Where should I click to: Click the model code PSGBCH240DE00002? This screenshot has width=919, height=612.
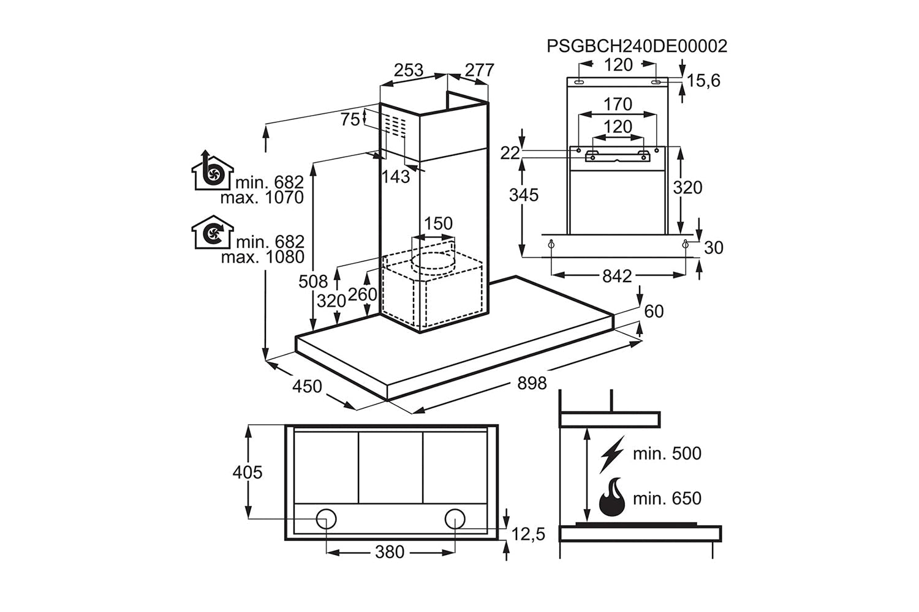(x=637, y=46)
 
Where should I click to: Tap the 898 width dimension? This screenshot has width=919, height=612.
(x=531, y=383)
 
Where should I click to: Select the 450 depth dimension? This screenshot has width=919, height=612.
(x=306, y=386)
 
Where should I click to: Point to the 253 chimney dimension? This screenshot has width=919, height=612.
(x=408, y=70)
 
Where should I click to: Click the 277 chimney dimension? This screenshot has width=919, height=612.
(x=479, y=70)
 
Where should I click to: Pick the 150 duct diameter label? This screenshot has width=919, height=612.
(x=438, y=223)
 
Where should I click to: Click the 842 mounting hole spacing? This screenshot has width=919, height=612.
(x=616, y=277)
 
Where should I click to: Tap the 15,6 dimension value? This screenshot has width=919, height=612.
(x=703, y=81)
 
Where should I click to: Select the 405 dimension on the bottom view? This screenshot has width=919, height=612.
(x=248, y=472)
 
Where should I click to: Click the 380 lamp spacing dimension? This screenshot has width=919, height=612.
(x=390, y=552)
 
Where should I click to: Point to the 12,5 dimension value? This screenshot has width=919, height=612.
(x=528, y=534)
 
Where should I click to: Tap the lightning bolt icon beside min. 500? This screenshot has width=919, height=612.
(x=612, y=453)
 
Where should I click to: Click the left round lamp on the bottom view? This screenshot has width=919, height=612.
(x=326, y=519)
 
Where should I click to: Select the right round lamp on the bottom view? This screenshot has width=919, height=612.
(x=455, y=519)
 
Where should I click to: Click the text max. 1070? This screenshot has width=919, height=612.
(x=262, y=198)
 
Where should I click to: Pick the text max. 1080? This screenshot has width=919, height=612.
(x=262, y=257)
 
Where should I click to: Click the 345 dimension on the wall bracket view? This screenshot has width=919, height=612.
(x=524, y=195)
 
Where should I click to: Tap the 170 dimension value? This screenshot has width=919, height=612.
(x=618, y=105)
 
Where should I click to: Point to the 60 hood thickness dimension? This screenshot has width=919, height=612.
(x=654, y=312)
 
